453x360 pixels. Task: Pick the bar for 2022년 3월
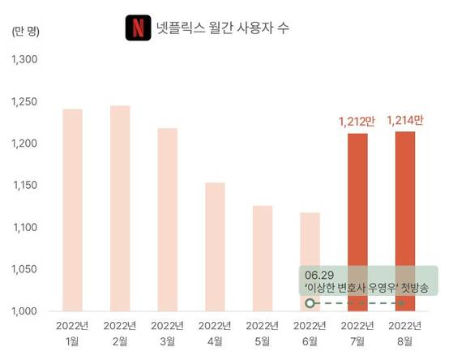(x=168, y=219)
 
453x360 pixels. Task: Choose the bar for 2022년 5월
(x=263, y=257)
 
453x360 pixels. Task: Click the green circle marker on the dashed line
(x=309, y=303)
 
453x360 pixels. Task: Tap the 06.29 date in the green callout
(x=318, y=273)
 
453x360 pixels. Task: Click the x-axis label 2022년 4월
(x=215, y=333)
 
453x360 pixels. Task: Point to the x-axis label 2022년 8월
(x=404, y=333)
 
